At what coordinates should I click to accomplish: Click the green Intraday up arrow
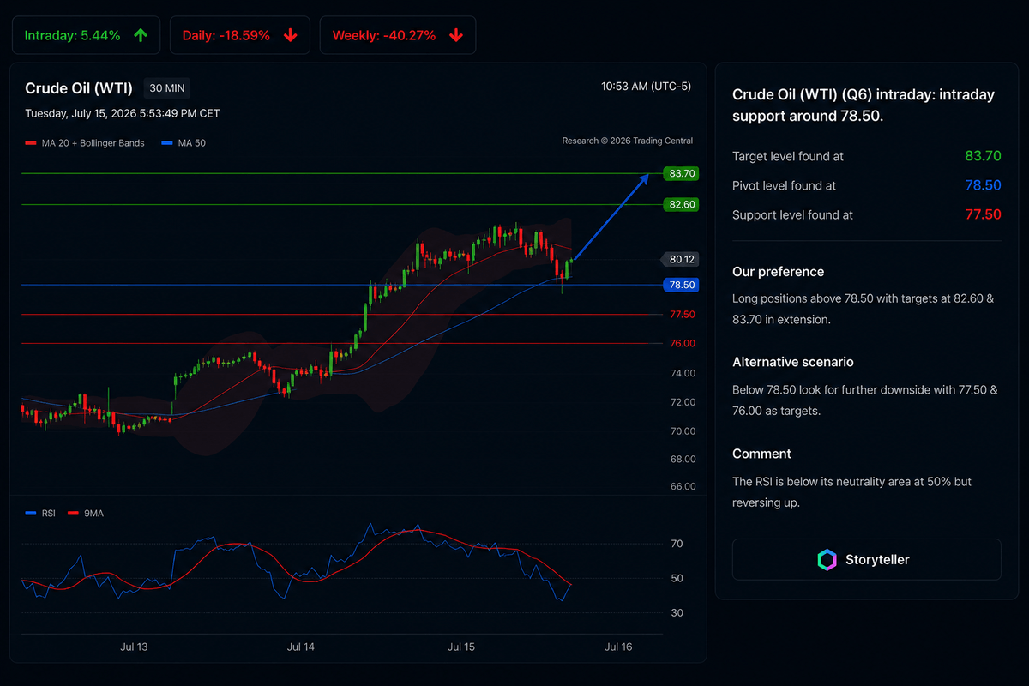(x=141, y=35)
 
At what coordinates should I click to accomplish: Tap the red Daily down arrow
(x=291, y=35)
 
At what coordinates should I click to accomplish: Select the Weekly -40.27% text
(x=383, y=35)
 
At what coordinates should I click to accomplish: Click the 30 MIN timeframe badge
(x=166, y=88)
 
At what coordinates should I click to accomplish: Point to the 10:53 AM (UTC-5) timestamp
(x=646, y=87)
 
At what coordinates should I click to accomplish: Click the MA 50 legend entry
(x=184, y=143)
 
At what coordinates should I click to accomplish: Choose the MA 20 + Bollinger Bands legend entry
(x=85, y=143)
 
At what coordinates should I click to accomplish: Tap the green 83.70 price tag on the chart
(x=681, y=173)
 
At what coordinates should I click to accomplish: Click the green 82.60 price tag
(x=681, y=204)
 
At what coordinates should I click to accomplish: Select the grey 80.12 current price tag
(x=680, y=259)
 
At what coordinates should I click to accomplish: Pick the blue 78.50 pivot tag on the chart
(x=681, y=285)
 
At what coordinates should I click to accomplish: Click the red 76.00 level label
(x=683, y=343)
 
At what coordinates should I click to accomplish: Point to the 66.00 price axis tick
(x=683, y=486)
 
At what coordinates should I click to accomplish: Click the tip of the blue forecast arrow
(x=648, y=175)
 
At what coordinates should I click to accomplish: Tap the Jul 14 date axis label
(x=300, y=647)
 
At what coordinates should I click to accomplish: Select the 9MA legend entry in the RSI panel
(x=86, y=514)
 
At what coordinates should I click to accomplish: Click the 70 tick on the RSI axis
(x=677, y=544)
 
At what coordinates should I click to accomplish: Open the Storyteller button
(x=866, y=560)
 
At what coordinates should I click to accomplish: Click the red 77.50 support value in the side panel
(x=983, y=214)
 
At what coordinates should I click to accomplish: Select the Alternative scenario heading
(x=793, y=362)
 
